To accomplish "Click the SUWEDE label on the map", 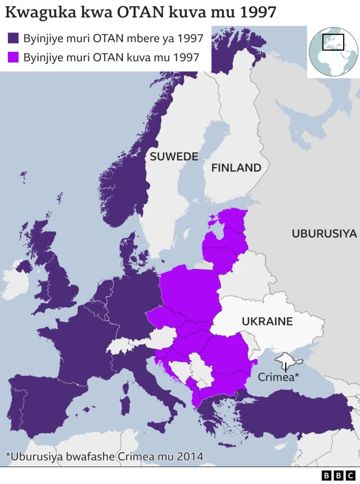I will (x=173, y=157).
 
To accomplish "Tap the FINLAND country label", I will (x=236, y=168).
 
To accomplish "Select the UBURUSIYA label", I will (x=324, y=234).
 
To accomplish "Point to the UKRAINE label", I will (x=267, y=321).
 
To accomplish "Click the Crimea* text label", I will (x=278, y=377).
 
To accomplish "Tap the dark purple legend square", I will (x=13, y=38).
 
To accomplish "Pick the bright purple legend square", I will (x=13, y=57).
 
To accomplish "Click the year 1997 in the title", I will (x=258, y=13).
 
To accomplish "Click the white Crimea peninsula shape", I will (x=285, y=358).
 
